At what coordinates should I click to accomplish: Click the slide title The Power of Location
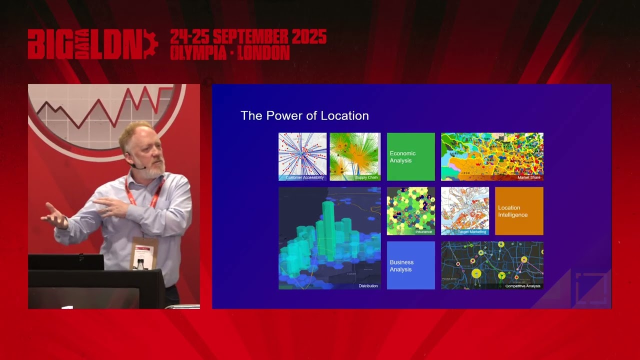tap(304, 116)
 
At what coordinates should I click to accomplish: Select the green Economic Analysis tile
tap(410, 156)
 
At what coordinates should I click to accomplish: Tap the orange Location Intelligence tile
tap(518, 210)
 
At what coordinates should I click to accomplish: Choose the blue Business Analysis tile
tap(410, 265)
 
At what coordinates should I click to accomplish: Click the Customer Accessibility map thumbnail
tap(302, 155)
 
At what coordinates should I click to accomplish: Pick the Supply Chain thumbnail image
tap(355, 155)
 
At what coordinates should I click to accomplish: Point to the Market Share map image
tap(491, 155)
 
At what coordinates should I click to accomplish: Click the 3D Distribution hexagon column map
tap(329, 237)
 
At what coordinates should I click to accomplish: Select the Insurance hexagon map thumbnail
tap(410, 210)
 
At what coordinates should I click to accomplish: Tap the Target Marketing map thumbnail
tap(464, 210)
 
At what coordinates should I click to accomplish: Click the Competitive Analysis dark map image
tap(491, 264)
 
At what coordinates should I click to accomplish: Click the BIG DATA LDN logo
tap(92, 44)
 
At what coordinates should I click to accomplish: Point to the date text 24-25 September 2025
tap(248, 36)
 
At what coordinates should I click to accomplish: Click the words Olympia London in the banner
tap(229, 53)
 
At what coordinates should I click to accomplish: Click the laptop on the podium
tap(65, 262)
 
